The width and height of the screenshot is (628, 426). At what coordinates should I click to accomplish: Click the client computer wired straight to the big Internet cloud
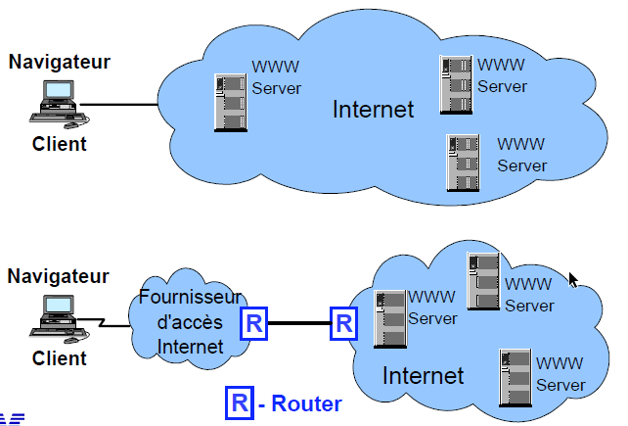(58, 102)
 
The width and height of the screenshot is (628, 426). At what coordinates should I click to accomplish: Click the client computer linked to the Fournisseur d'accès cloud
(58, 314)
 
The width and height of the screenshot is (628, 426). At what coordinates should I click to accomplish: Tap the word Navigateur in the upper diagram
(60, 63)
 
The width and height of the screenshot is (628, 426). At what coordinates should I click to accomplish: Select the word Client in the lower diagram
(60, 357)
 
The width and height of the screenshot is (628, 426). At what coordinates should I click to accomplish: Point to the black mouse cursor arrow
(573, 280)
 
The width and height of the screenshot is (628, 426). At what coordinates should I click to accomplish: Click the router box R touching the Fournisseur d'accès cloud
(253, 323)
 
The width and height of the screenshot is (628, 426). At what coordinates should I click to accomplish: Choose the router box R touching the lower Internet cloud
(343, 323)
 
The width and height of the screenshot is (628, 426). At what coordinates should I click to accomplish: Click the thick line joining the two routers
(298, 323)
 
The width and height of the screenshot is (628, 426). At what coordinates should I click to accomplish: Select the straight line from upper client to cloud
(122, 105)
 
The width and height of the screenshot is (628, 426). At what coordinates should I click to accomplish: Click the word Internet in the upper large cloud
(374, 109)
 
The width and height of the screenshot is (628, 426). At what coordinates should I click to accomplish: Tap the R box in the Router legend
(238, 402)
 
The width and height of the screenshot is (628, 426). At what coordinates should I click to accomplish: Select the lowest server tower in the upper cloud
(460, 162)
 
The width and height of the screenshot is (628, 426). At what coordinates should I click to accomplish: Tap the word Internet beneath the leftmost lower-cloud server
(423, 375)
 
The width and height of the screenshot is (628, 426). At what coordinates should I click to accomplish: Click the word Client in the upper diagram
(60, 144)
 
